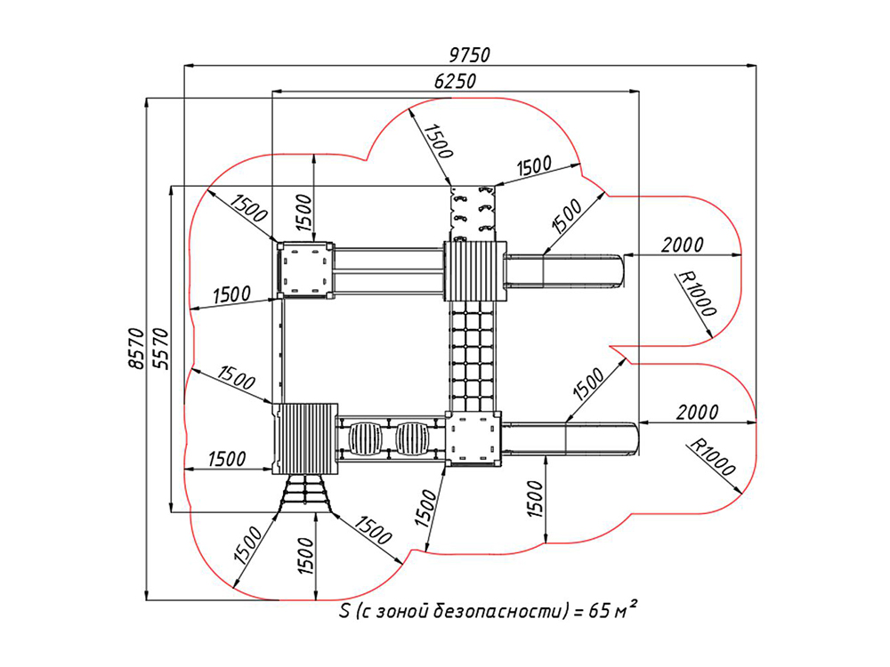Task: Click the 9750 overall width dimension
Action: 469,55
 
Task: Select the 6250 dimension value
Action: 455,81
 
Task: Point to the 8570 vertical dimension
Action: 136,349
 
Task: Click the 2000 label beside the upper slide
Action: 682,245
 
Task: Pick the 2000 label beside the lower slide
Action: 697,413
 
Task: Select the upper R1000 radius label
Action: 698,293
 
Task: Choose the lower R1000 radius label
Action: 712,457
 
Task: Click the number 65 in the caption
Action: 598,611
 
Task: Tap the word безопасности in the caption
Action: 499,611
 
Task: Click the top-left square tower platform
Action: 304,269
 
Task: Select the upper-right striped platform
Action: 474,271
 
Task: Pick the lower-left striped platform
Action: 304,439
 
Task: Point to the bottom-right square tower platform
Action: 473,438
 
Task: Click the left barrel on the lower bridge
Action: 365,438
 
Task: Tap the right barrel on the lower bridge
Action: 412,438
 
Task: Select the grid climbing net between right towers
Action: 473,357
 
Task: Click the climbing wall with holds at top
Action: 473,213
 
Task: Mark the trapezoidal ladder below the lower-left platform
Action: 305,493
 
